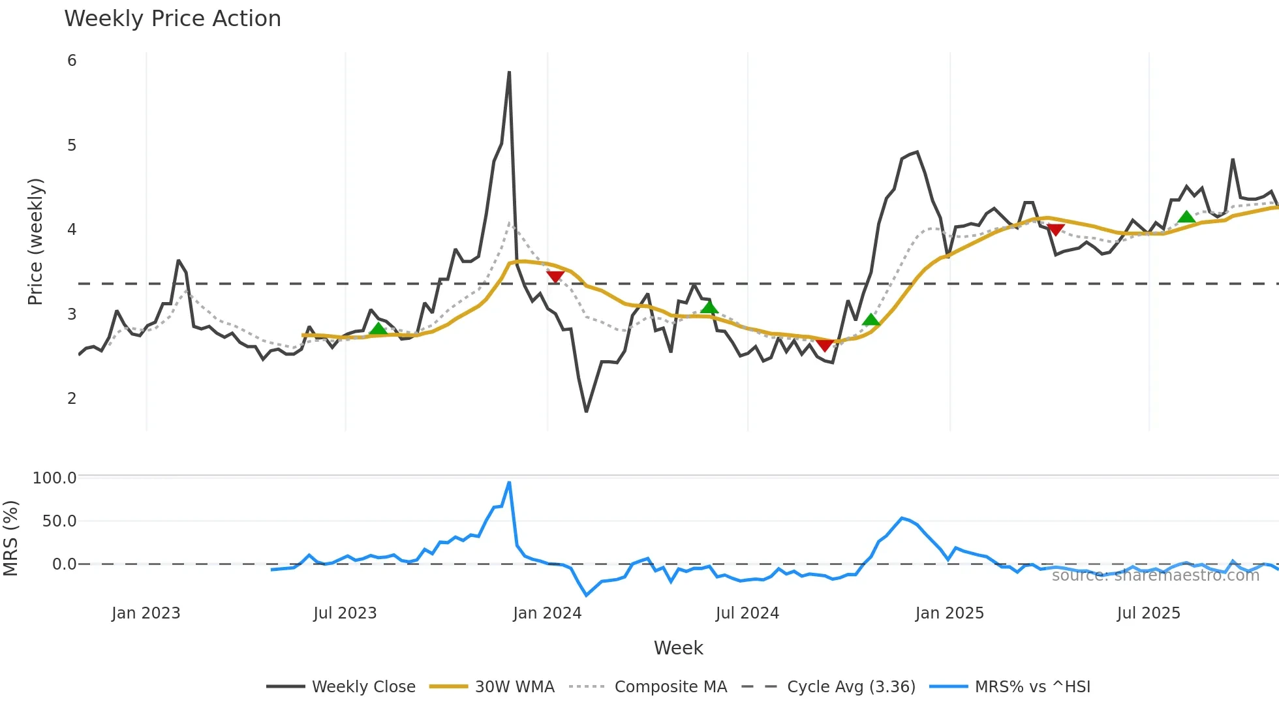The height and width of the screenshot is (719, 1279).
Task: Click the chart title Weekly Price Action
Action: (172, 19)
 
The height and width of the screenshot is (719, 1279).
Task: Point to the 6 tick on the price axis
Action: (72, 61)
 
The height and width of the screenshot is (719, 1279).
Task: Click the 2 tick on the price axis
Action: (72, 399)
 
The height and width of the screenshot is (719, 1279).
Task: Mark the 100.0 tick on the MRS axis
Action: (55, 478)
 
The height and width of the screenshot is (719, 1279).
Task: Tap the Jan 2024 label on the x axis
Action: (547, 613)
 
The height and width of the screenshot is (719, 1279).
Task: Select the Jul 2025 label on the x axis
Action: (1148, 613)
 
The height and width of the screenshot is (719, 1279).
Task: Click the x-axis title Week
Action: (678, 648)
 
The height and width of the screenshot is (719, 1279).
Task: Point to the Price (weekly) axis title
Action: (35, 241)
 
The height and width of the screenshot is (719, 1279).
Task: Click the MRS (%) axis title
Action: (10, 538)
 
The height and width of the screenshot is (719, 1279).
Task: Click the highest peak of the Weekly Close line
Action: (509, 72)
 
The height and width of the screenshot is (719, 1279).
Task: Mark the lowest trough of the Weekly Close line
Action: (586, 412)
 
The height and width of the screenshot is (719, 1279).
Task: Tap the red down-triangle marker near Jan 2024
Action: (555, 277)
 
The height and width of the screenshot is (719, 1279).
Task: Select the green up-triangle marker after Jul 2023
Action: (378, 329)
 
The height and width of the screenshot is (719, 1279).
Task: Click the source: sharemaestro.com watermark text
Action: (1155, 575)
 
